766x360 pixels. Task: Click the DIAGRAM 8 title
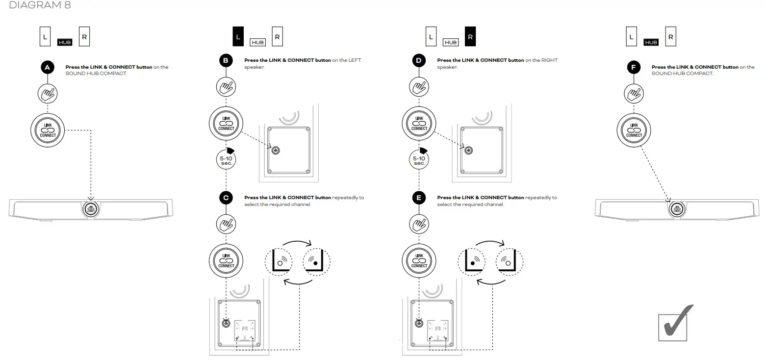click(33, 5)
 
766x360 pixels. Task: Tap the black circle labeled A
click(47, 68)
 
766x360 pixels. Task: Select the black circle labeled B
click(226, 61)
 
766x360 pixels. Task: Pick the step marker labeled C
click(226, 198)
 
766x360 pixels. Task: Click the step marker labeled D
click(418, 61)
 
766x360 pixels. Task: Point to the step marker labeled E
click(418, 198)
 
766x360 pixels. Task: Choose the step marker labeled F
click(634, 68)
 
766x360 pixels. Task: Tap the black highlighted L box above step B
click(238, 37)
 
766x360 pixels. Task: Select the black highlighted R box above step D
click(470, 37)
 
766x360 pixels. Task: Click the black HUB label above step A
click(65, 42)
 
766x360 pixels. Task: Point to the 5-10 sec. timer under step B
click(226, 158)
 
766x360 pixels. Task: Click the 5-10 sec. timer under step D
click(419, 158)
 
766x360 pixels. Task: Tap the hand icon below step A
click(48, 93)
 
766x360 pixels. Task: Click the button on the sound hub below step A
click(90, 208)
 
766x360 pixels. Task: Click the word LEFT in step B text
click(355, 60)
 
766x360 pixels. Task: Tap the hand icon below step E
click(419, 224)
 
